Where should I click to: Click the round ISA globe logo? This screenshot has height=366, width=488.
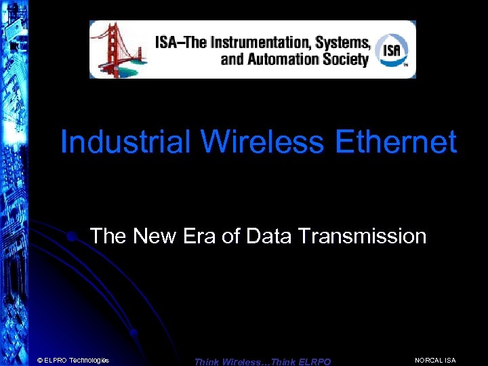(x=392, y=49)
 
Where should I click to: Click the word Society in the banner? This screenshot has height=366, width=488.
(x=345, y=59)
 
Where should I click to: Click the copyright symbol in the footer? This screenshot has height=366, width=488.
(x=40, y=360)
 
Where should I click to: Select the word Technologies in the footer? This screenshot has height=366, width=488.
(x=89, y=360)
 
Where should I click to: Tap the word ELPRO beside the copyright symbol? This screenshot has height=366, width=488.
(x=56, y=360)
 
